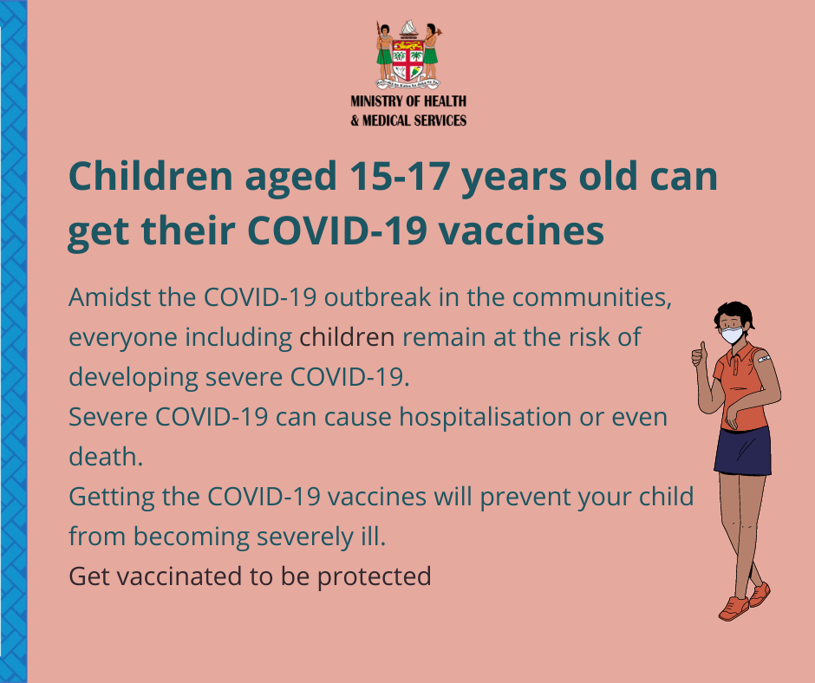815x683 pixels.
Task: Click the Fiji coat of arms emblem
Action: click(408, 55)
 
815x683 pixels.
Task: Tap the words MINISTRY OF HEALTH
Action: click(408, 101)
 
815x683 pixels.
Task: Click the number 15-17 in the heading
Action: click(399, 176)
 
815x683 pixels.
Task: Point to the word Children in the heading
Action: click(151, 176)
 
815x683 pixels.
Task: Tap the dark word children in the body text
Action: click(347, 337)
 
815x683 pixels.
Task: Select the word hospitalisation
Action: click(485, 418)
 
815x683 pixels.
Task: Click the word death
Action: click(106, 457)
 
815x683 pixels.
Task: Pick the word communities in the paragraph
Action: click(592, 298)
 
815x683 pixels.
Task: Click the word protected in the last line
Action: click(375, 576)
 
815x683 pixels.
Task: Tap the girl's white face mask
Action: click(732, 335)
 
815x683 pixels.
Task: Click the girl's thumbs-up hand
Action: click(700, 355)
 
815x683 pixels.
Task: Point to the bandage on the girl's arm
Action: click(764, 358)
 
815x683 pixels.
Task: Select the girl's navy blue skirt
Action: click(743, 451)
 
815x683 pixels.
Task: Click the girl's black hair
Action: click(734, 313)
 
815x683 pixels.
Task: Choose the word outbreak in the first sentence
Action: click(378, 297)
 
